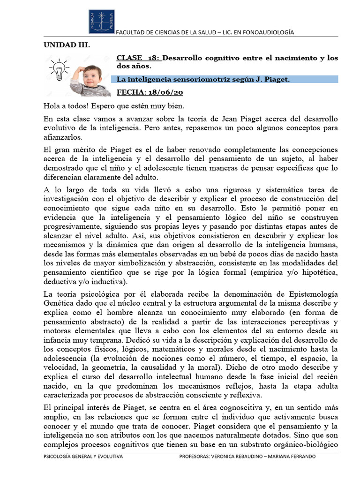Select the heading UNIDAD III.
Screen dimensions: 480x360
66,45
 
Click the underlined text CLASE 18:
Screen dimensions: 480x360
138,58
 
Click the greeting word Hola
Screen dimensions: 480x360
52,106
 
